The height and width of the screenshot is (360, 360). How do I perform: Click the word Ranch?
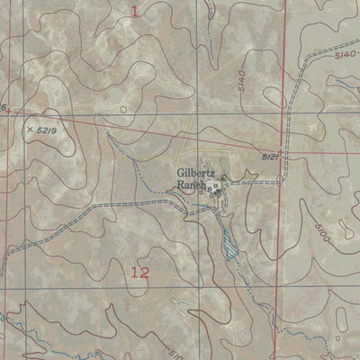click(191, 184)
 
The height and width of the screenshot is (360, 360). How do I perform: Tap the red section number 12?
click(139, 273)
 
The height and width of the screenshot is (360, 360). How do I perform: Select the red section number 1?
click(136, 11)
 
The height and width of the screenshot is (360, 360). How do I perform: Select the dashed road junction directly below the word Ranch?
click(186, 204)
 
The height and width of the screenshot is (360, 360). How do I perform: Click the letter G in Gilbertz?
click(181, 168)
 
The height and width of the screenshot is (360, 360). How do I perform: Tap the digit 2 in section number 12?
click(144, 273)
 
